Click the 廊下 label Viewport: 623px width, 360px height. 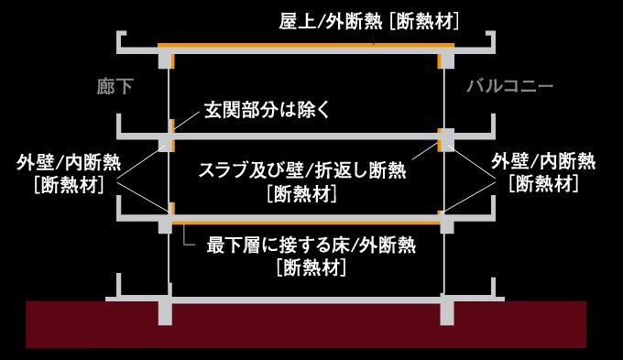[115, 87]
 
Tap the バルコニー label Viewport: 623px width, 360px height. [509, 87]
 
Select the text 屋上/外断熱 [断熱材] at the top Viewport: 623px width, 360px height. [367, 20]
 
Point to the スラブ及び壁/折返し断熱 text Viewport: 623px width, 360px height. [301, 169]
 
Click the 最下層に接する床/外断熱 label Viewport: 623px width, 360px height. [312, 245]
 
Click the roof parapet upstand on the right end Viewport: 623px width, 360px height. [493, 40]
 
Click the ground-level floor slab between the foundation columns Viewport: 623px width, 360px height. [307, 299]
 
